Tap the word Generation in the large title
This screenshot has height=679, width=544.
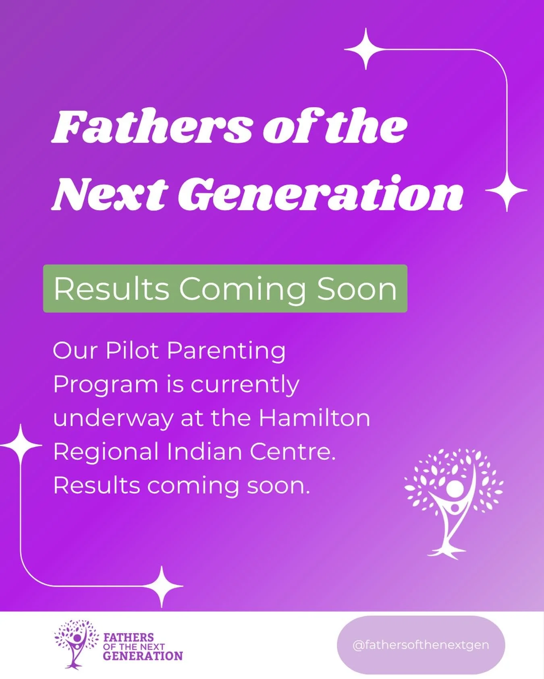(x=320, y=194)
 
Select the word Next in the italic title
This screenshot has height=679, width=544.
(x=110, y=194)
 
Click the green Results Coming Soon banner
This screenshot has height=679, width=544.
(x=225, y=288)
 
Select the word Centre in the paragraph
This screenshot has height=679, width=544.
(x=292, y=452)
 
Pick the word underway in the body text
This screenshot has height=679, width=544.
(x=113, y=419)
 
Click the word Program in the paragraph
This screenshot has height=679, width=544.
(x=106, y=385)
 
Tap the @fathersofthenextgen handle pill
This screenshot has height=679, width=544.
(x=421, y=645)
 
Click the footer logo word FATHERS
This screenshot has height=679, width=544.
(x=129, y=637)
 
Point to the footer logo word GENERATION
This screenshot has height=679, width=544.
(x=143, y=656)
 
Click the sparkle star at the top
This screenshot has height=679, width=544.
(x=365, y=49)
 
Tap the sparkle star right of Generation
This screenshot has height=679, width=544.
(x=507, y=190)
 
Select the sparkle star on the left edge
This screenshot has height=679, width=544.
(x=21, y=445)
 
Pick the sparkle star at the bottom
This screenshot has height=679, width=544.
(x=162, y=586)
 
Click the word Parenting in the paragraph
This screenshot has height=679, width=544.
(x=226, y=351)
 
